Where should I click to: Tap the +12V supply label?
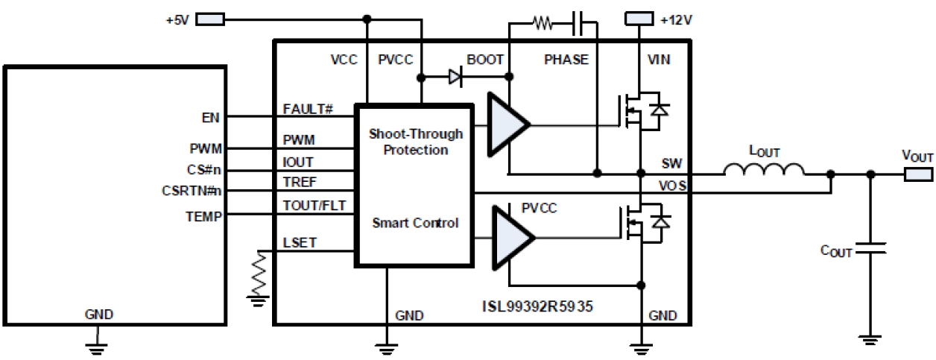[674, 19]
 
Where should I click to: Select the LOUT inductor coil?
[764, 171]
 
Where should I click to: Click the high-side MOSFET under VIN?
[640, 113]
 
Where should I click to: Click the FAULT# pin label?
[306, 109]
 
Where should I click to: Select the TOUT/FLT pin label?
[314, 206]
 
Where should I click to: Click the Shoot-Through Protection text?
[415, 142]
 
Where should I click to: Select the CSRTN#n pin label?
[192, 192]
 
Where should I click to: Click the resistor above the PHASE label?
[542, 24]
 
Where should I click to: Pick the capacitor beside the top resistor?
[578, 24]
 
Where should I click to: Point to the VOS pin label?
[672, 184]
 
